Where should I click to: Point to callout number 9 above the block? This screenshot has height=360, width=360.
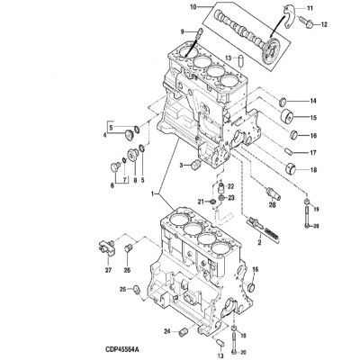tap(183, 31)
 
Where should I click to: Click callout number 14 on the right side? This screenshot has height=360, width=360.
tap(313, 100)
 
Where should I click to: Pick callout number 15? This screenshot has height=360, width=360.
tap(313, 118)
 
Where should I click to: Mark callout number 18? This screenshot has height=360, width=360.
tap(312, 169)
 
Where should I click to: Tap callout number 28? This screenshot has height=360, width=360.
tap(272, 203)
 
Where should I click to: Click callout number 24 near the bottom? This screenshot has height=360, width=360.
tap(166, 331)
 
